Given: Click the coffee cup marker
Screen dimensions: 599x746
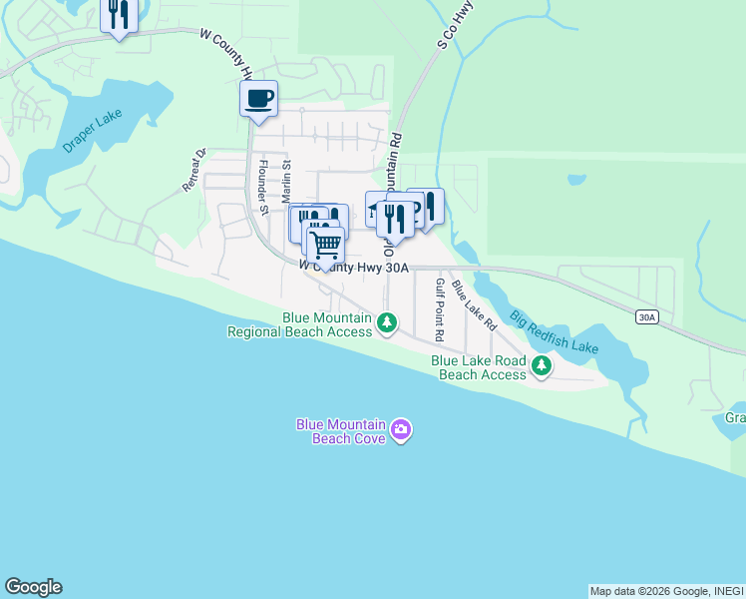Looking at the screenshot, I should point(258,99).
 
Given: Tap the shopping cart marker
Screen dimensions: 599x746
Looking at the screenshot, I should point(325,245).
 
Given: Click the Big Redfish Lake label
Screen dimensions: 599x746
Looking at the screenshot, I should point(554,333).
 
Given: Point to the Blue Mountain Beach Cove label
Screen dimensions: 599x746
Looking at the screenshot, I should point(340,430).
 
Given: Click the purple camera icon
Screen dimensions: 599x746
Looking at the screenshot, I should point(401,430).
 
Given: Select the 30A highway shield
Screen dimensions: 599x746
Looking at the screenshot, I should point(647,316).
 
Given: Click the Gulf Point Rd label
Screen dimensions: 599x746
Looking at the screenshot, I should point(439,307).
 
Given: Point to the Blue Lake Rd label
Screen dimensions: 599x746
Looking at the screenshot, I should point(474,305).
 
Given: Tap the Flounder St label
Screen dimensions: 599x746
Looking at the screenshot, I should point(263,187).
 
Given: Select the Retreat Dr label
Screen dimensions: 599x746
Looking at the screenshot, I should point(193,170).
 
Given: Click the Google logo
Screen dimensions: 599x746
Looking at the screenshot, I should point(33,587).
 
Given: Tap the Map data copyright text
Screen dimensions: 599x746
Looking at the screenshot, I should point(666,591).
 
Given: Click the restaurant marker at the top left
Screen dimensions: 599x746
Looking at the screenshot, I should point(119,14).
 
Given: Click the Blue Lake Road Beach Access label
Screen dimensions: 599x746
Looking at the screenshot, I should point(478,367).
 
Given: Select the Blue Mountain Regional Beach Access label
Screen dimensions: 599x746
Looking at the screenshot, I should point(299,324).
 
